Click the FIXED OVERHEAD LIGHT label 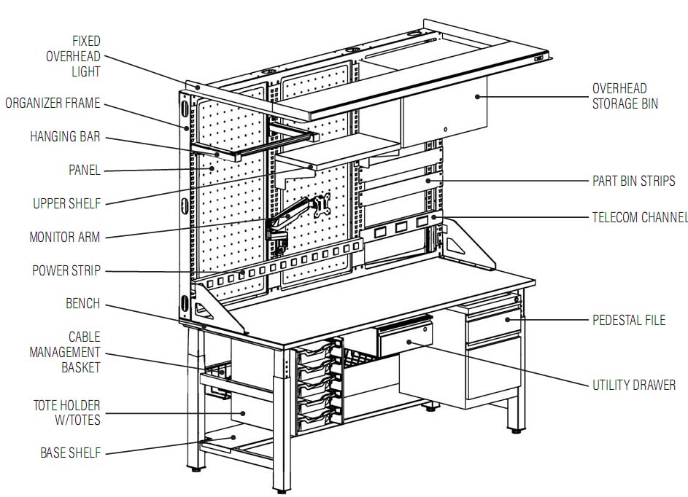(74, 56)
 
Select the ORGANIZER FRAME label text (53, 103)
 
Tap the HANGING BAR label (65, 137)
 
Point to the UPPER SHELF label (66, 203)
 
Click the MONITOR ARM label (64, 237)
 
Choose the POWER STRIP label (66, 270)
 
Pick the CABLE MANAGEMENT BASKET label (64, 352)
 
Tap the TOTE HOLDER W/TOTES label (66, 412)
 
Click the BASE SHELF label (70, 453)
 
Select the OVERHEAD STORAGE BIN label (625, 96)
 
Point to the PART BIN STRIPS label (633, 181)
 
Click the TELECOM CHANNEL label (639, 217)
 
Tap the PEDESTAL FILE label (628, 320)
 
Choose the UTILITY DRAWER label (633, 385)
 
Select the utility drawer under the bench (405, 338)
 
